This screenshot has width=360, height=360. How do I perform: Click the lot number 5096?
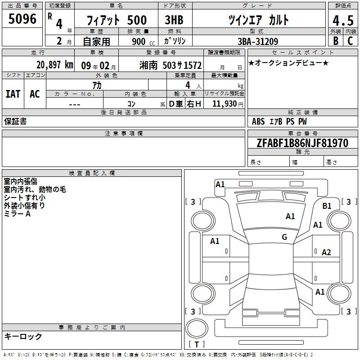click(22, 19)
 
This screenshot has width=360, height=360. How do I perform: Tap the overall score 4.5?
click(343, 21)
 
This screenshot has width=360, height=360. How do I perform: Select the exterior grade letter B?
click(336, 41)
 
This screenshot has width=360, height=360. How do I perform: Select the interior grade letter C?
click(350, 41)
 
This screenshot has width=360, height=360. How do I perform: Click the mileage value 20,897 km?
click(55, 65)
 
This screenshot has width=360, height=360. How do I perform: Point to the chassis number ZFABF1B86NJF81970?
click(302, 143)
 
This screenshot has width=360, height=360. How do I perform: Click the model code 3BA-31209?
click(258, 41)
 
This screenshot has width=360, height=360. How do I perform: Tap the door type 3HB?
click(174, 20)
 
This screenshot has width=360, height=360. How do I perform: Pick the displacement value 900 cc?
click(143, 41)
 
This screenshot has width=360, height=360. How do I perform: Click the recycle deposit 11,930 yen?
click(228, 104)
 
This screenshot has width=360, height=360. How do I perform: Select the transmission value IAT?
click(13, 94)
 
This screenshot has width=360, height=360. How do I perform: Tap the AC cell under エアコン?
click(35, 94)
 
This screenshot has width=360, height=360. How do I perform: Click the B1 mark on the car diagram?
click(327, 206)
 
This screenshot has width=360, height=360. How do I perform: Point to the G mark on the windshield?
click(284, 237)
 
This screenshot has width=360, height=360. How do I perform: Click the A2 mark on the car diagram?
click(326, 252)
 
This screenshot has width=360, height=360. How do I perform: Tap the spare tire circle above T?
click(197, 328)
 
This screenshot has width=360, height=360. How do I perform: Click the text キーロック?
click(23, 336)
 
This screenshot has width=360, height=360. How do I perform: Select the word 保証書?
click(15, 121)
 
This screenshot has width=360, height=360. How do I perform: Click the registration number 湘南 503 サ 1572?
click(171, 65)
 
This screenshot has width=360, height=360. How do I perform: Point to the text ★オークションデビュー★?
click(288, 63)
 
